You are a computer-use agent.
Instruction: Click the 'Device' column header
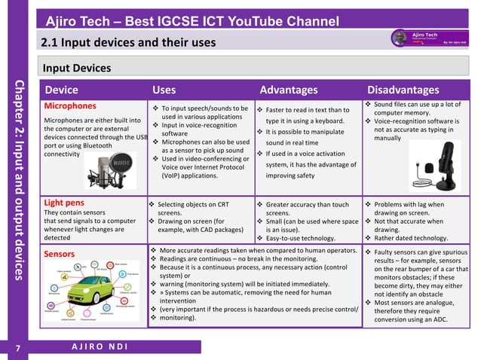[x=61, y=90]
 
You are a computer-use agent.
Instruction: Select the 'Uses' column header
[x=164, y=90]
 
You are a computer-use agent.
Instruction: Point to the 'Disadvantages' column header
[x=403, y=90]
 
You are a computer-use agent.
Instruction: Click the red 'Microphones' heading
[x=71, y=105]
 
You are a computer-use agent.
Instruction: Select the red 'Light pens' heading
[x=65, y=203]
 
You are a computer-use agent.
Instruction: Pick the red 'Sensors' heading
[x=59, y=254]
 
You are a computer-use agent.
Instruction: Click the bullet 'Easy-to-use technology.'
[x=305, y=238]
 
